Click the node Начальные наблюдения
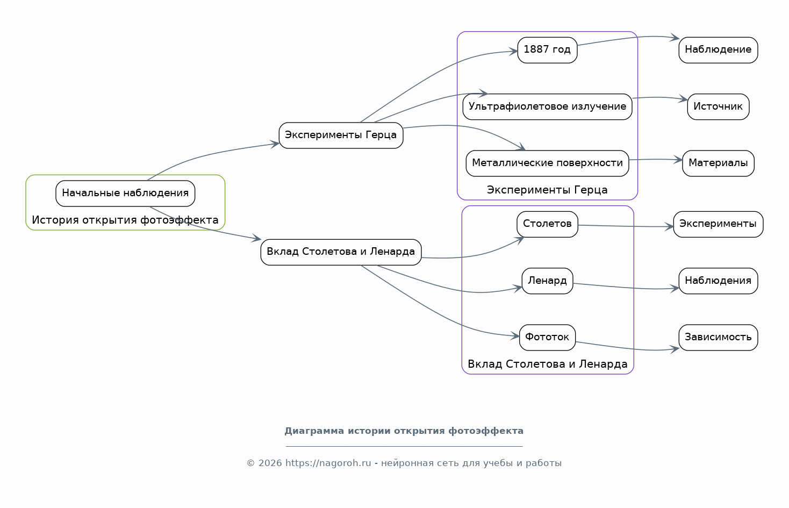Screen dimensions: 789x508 click(x=125, y=194)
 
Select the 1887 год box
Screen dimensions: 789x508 click(x=547, y=50)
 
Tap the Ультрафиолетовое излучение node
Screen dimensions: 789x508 click(x=547, y=107)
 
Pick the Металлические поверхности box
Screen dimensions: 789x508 click(x=547, y=163)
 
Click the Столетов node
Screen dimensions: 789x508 click(x=547, y=224)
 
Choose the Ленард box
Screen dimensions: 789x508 click(x=547, y=281)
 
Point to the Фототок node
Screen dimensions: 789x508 click(x=547, y=338)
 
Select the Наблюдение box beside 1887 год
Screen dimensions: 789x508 click(x=718, y=50)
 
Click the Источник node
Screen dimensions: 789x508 click(x=718, y=107)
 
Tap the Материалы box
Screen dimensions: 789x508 click(x=718, y=163)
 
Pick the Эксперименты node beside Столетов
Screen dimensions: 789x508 click(x=718, y=224)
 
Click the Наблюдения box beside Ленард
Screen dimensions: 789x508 click(x=718, y=281)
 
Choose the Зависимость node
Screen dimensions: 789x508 click(x=718, y=338)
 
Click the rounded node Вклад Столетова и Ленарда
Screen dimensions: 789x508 click(x=341, y=252)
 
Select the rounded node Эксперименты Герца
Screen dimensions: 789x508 click(x=341, y=135)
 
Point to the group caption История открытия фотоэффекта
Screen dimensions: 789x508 click(x=125, y=220)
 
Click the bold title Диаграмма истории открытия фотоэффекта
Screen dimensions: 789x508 click(x=404, y=431)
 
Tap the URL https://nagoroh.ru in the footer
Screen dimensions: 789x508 click(x=328, y=463)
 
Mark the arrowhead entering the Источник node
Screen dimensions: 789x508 click(x=683, y=99)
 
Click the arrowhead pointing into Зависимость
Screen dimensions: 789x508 click(x=675, y=349)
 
